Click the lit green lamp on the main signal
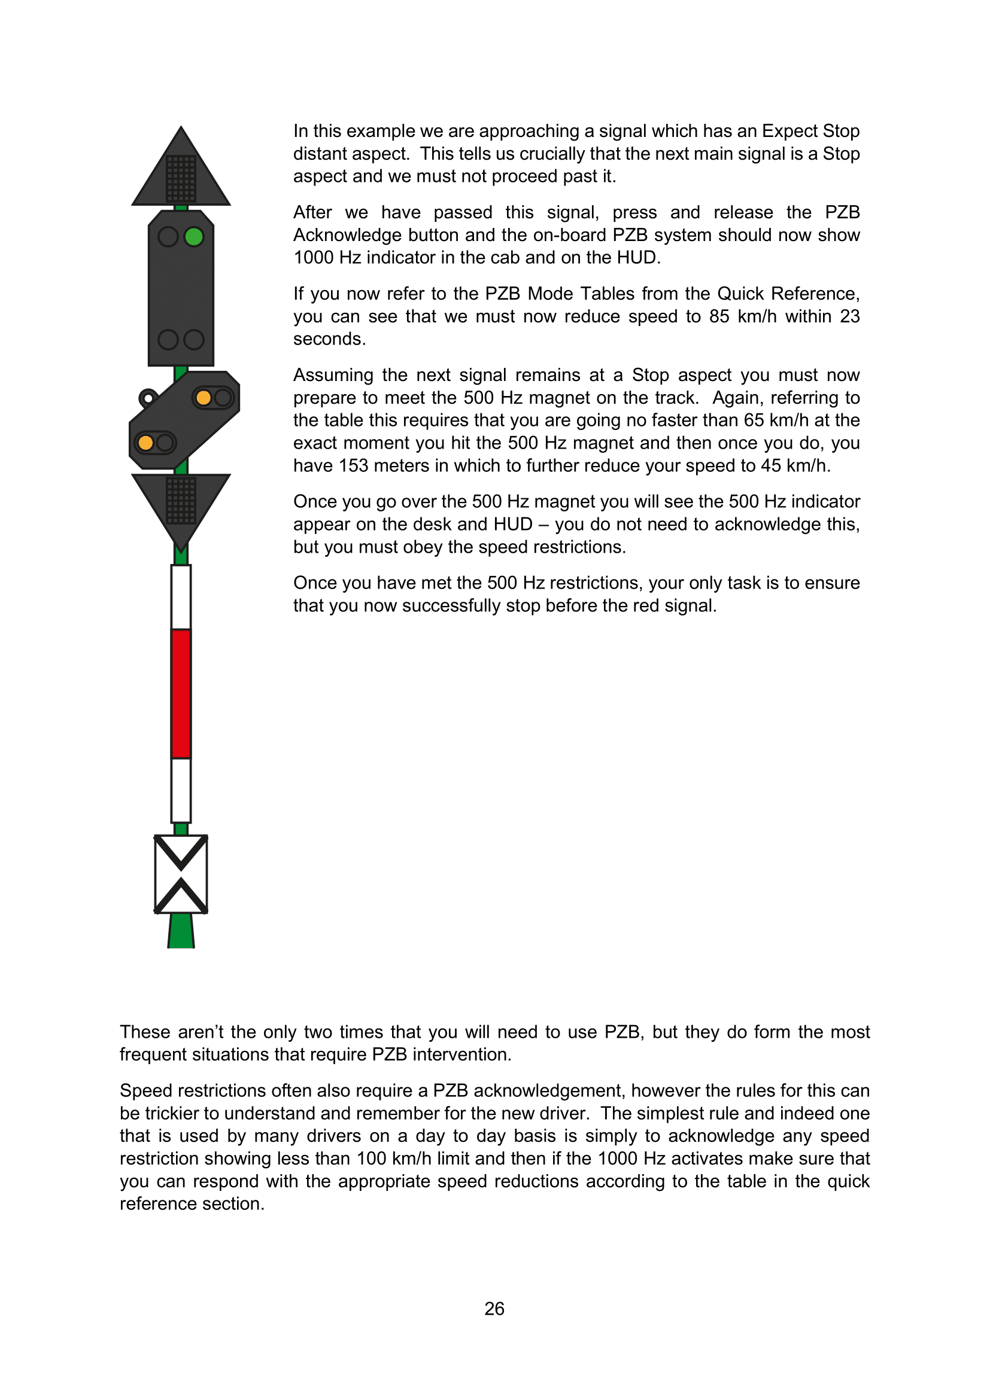(x=194, y=236)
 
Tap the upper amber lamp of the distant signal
(x=204, y=398)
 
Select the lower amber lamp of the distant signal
(x=145, y=443)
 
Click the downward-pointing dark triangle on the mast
(x=181, y=503)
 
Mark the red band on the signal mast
(x=181, y=693)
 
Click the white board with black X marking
(x=181, y=874)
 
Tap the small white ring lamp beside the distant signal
(x=148, y=398)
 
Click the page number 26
(x=494, y=1308)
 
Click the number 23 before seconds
(x=850, y=316)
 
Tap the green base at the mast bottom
(x=181, y=931)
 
